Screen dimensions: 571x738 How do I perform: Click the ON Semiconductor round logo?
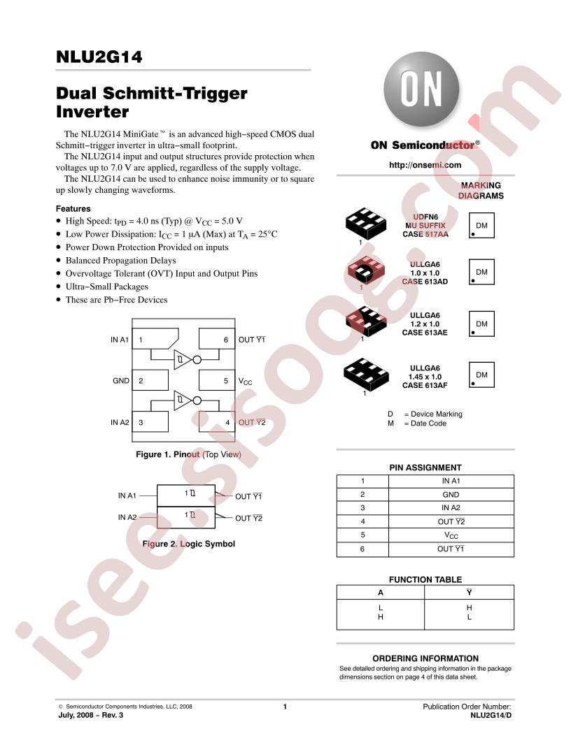tap(421, 90)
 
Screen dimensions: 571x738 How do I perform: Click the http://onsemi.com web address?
tap(425, 165)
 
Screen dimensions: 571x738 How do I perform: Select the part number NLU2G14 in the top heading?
tap(99, 57)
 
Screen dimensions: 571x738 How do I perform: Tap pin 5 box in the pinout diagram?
tap(217, 380)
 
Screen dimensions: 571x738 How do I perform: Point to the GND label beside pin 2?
tap(120, 381)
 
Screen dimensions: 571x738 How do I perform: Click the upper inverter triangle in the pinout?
tap(183, 360)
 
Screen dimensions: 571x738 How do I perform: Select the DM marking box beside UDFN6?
tap(481, 226)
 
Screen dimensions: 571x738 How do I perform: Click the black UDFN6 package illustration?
tap(365, 224)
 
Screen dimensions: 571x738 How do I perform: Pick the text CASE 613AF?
tap(425, 386)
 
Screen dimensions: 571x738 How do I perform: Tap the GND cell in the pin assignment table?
tap(451, 495)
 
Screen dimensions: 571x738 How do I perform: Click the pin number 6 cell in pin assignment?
tap(362, 549)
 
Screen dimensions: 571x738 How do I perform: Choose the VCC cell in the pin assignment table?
tap(451, 535)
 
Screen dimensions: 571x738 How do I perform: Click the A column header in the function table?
tap(381, 593)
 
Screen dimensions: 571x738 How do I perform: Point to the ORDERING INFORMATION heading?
tap(425, 658)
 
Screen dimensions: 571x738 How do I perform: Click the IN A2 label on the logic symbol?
tap(127, 517)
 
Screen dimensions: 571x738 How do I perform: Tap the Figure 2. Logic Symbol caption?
tap(188, 544)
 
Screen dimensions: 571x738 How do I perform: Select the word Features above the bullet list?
tap(73, 208)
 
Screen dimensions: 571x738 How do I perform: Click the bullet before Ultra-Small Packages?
tap(58, 287)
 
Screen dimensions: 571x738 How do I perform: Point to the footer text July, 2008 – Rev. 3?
tap(90, 716)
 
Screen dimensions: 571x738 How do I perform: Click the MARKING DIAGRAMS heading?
tap(481, 191)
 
